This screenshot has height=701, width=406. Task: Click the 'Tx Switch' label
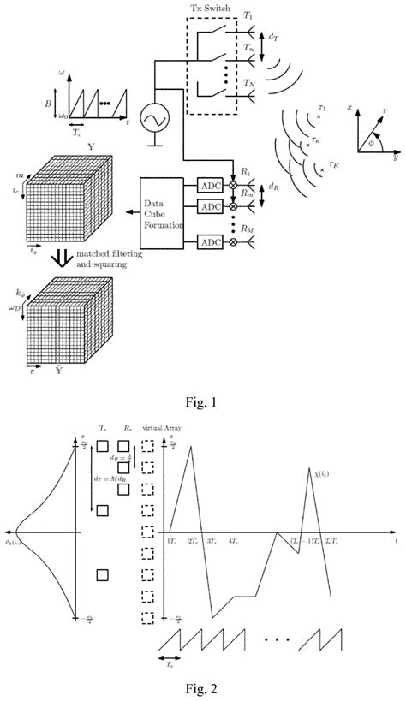pos(210,8)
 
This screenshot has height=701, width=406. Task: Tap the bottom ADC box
pos(210,244)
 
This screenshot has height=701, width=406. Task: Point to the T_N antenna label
pos(249,83)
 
